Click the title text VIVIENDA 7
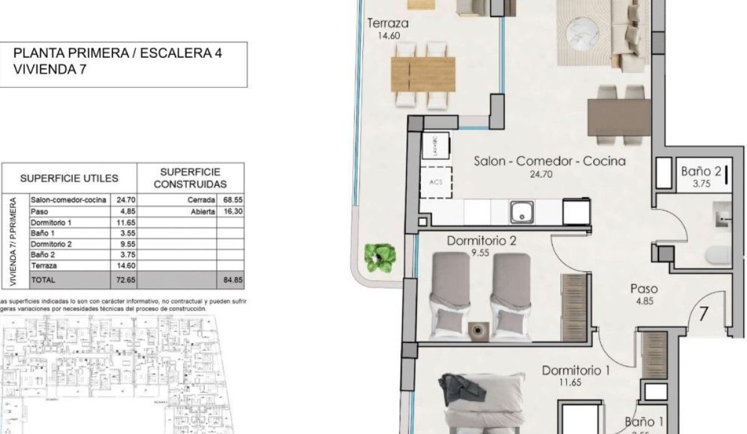[50, 70]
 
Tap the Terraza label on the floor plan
[388, 24]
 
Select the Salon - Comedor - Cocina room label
[549, 161]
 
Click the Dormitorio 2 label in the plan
[481, 241]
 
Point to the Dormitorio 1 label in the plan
[575, 371]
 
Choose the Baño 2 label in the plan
[700, 170]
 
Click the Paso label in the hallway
[644, 289]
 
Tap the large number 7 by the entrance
[703, 313]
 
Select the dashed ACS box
[435, 182]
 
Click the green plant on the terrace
[380, 257]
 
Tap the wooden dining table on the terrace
[423, 75]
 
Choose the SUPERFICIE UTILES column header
[69, 178]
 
